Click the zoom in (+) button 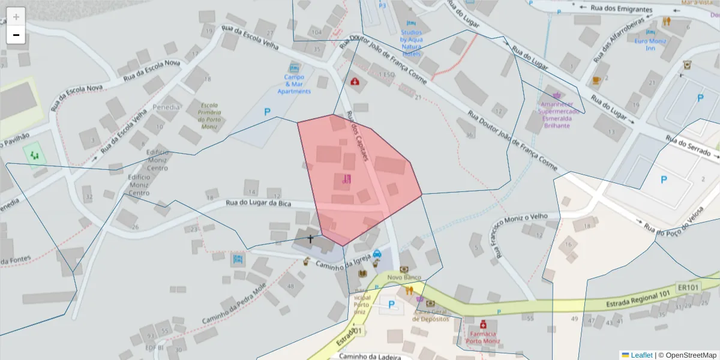[x=16, y=17]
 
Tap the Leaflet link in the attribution [x=641, y=355]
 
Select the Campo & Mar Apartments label [x=294, y=84]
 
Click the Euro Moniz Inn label [x=650, y=44]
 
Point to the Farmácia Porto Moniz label [x=483, y=338]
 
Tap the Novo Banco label [x=404, y=277]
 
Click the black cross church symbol [x=310, y=239]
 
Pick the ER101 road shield [x=688, y=287]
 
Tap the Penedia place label [x=166, y=107]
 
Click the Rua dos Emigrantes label [x=621, y=9]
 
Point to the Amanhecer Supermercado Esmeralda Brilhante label [x=559, y=111]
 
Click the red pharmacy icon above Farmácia [x=483, y=324]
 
